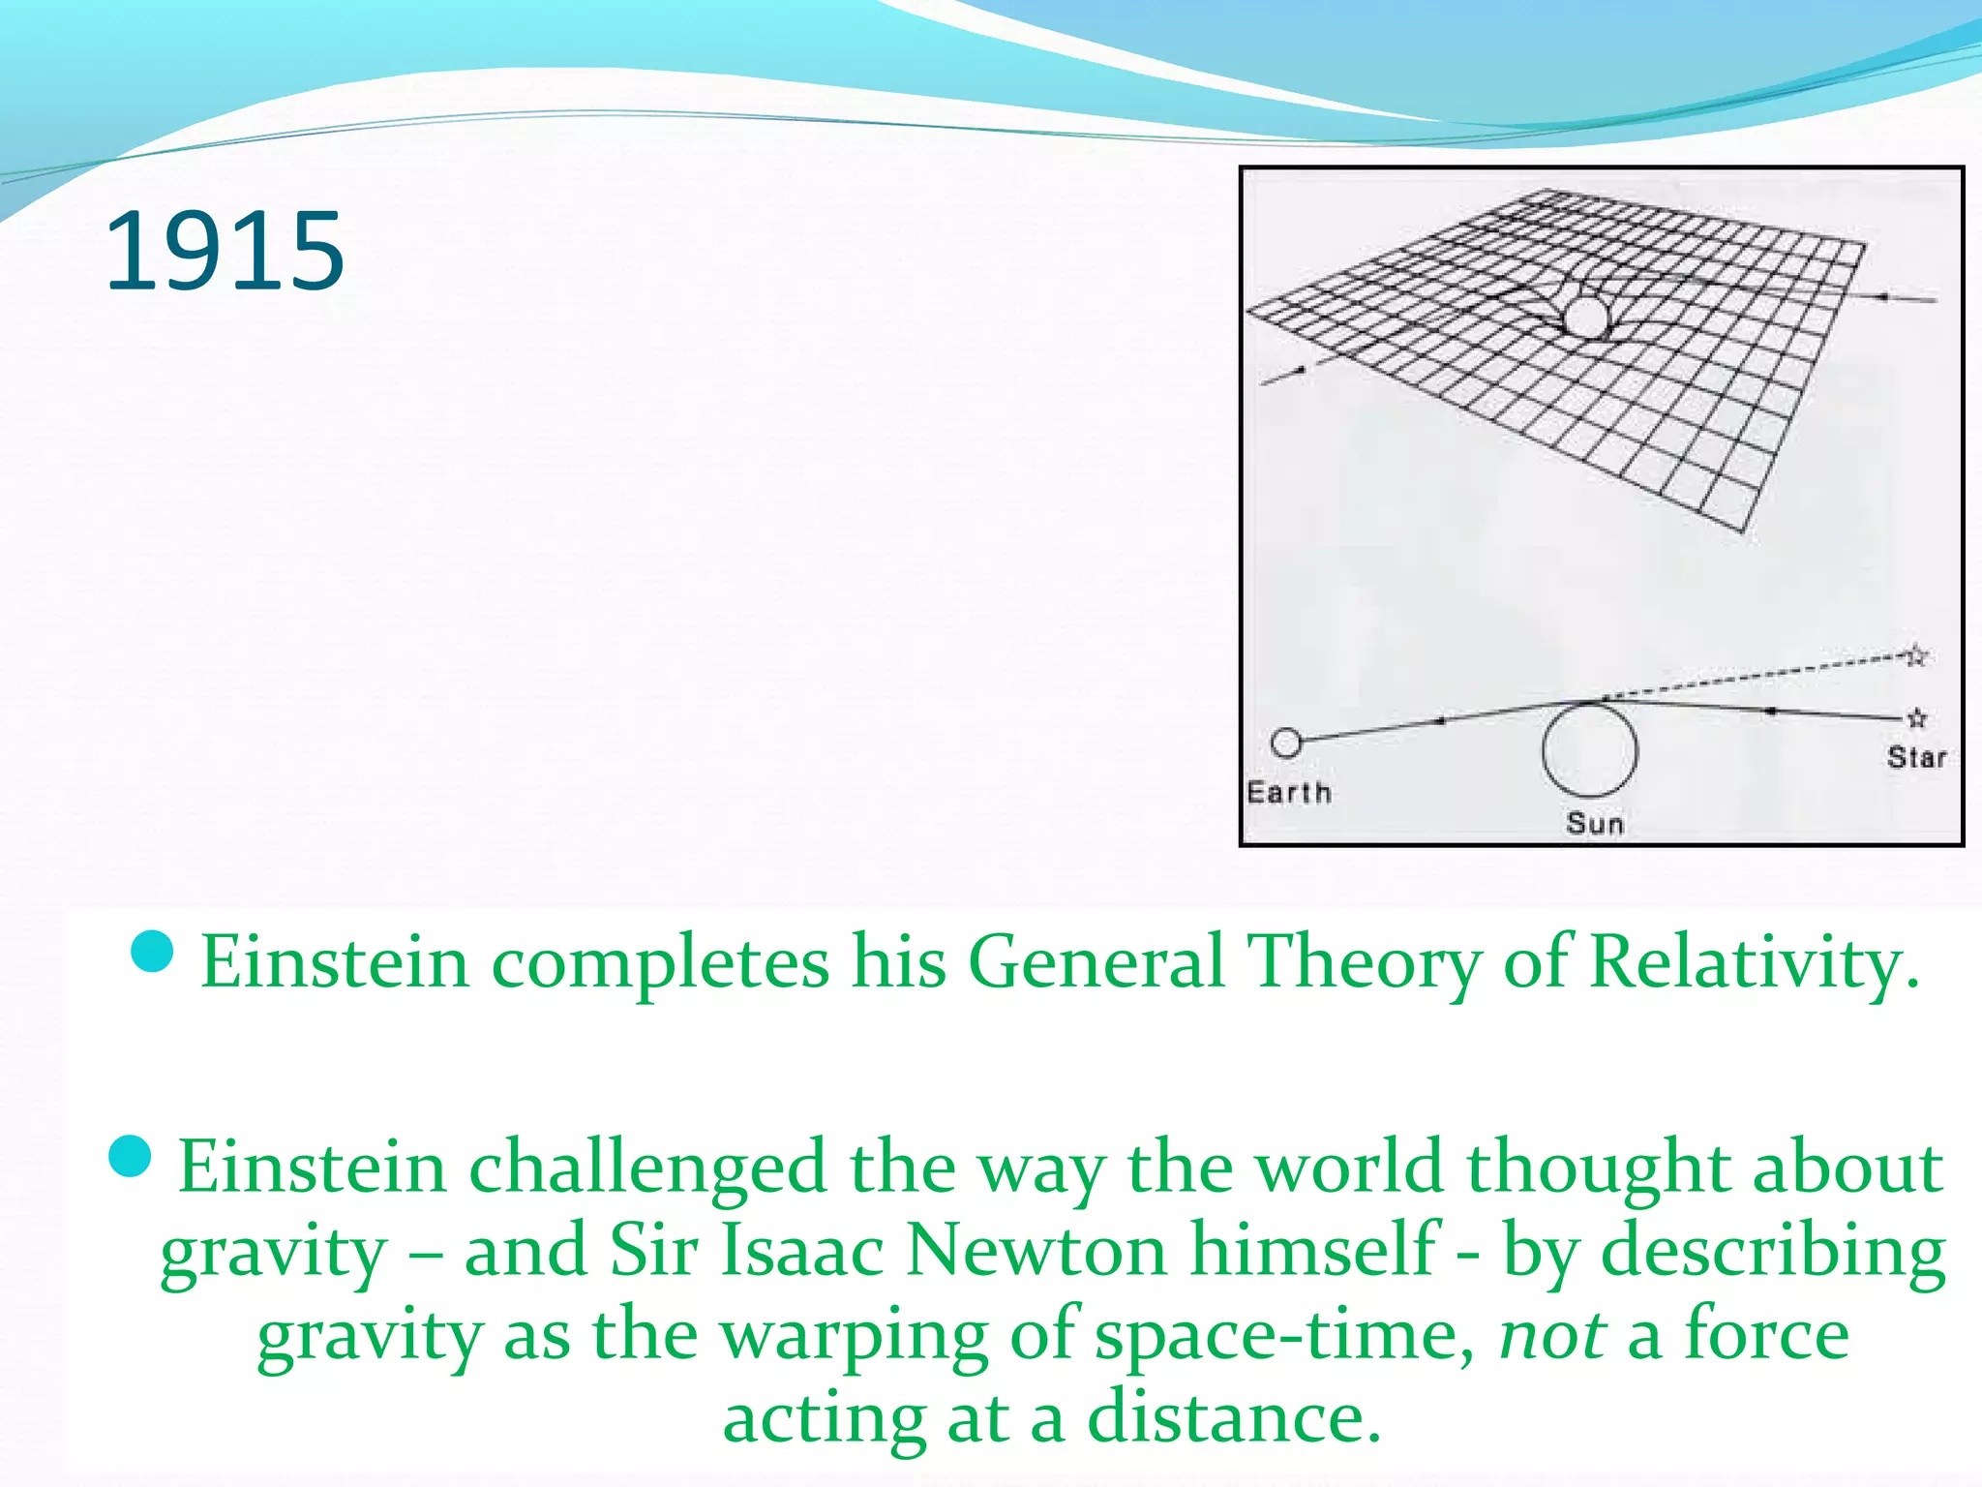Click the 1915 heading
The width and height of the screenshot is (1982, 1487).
225,252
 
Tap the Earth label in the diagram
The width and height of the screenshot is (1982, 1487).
1288,793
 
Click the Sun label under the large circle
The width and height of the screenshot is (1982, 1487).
1594,824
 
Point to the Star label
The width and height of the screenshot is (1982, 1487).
1915,757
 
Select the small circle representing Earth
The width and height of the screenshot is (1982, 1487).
1286,743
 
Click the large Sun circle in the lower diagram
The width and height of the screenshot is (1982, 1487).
1589,751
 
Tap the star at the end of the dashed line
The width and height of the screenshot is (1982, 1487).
1917,656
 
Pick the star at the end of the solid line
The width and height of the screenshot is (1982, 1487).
1917,718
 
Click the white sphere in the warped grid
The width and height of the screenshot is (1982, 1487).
1585,317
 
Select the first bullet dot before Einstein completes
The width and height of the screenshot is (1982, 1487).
151,953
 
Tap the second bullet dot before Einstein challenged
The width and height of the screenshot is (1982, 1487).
131,1156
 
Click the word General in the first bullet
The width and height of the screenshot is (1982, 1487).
1096,962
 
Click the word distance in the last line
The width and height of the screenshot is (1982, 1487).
1233,1418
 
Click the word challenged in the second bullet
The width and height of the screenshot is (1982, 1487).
647,1168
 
